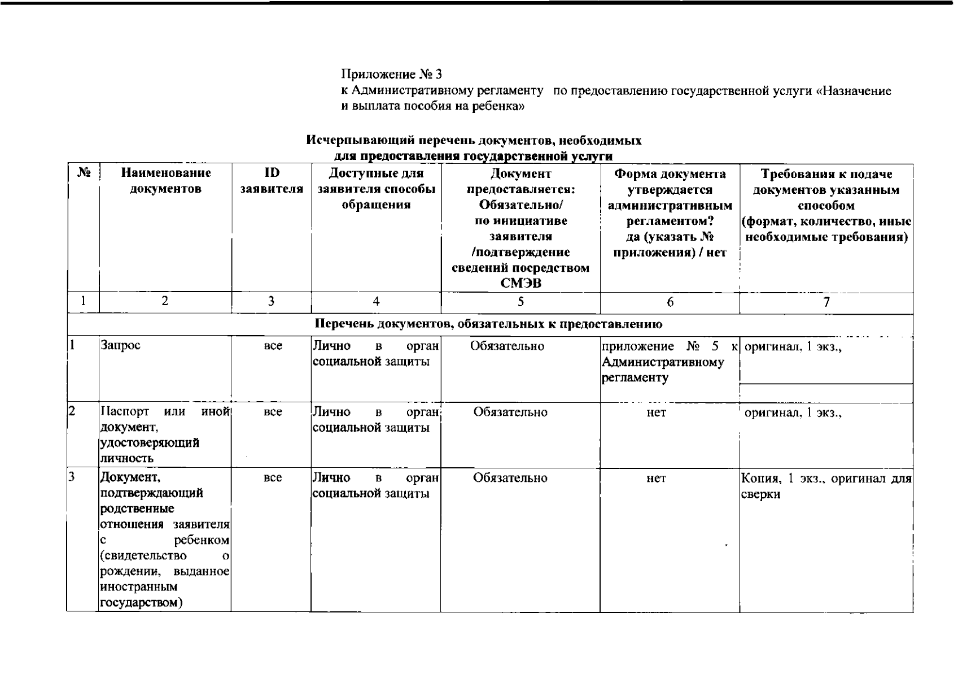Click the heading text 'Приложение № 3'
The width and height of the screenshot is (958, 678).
click(x=392, y=74)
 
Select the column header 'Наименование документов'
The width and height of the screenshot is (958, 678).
click(x=165, y=180)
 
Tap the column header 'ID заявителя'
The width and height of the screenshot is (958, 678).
click(x=272, y=180)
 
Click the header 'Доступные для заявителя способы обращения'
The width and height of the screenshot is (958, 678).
click(x=376, y=189)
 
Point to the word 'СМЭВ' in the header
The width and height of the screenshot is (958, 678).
click(x=520, y=283)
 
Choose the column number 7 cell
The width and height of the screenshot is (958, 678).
click(x=826, y=302)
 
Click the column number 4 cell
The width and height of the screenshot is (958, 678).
click(x=376, y=302)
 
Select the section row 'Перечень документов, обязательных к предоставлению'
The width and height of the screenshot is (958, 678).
click(x=489, y=324)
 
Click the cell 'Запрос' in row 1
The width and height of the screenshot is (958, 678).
click(x=120, y=345)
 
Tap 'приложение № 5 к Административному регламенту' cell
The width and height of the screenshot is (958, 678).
click(x=669, y=362)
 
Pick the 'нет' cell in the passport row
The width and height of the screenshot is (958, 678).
click(x=656, y=412)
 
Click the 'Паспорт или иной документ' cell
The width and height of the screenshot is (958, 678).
click(x=165, y=434)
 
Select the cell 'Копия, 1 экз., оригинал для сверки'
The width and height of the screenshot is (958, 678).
click(x=826, y=486)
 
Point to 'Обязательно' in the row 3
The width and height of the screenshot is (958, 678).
click(x=510, y=478)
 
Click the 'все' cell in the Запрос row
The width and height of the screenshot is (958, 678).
click(x=273, y=346)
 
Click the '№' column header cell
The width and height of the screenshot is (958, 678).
click(x=83, y=172)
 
